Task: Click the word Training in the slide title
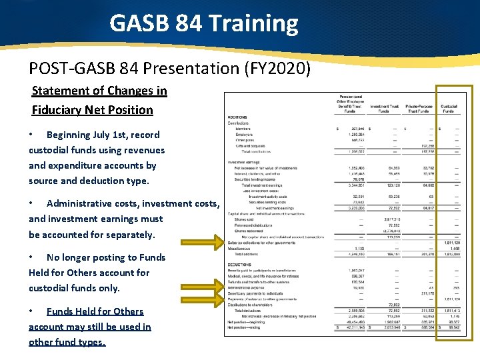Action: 253,24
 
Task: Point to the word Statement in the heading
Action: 61,91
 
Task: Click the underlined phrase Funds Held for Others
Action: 95,311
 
